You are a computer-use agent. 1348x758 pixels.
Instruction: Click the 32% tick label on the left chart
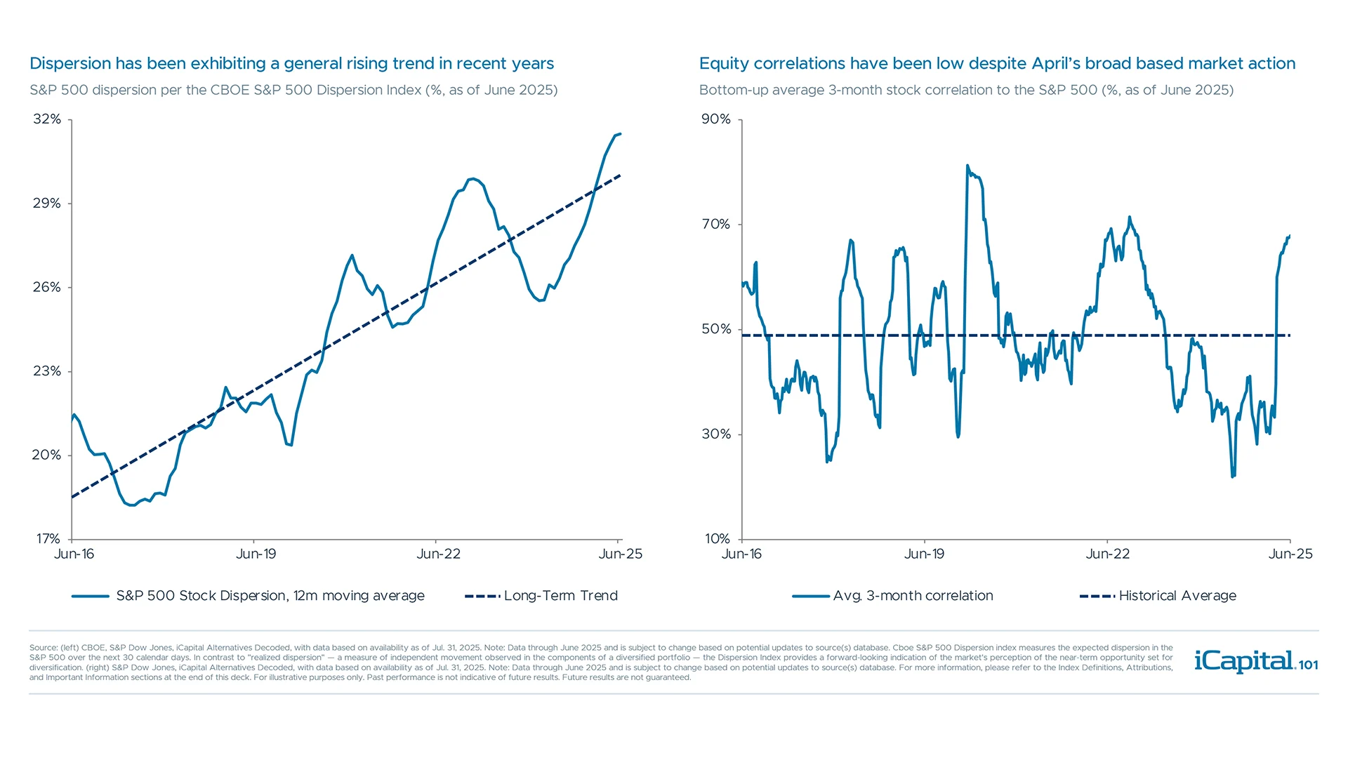[47, 119]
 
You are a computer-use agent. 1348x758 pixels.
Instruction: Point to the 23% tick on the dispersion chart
[47, 371]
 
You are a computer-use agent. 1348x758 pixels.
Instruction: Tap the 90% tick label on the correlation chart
[716, 119]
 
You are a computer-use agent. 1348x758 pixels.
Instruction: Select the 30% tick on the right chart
[716, 434]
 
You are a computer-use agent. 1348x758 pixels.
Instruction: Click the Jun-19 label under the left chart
[256, 554]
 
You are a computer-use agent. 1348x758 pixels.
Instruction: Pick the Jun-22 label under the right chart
[1107, 554]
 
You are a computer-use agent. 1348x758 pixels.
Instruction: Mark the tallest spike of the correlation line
[967, 166]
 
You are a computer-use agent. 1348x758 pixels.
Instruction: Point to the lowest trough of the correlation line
[1233, 477]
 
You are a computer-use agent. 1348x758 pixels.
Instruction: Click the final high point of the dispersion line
[619, 134]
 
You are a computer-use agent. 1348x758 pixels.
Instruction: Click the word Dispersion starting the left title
[70, 64]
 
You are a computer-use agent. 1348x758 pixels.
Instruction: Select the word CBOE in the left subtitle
[230, 91]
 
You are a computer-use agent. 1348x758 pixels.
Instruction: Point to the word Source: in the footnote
[43, 648]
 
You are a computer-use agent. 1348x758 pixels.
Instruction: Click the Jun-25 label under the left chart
[620, 554]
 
